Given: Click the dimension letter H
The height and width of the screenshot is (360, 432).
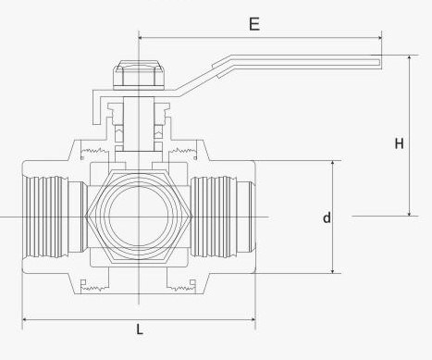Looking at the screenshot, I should tap(400, 143).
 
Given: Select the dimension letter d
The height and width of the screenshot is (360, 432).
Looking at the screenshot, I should tap(327, 218).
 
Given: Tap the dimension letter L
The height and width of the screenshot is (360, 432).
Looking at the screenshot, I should tap(139, 329).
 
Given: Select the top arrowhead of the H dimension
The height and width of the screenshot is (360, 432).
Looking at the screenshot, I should tap(408, 57).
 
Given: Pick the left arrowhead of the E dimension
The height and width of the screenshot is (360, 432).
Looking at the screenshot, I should tap(142, 38).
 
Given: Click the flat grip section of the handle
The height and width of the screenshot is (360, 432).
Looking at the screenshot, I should tap(296, 63).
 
